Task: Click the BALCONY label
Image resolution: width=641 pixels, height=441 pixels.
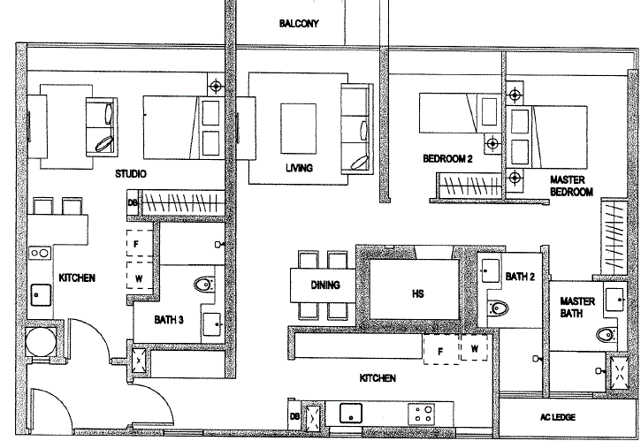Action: click(299, 23)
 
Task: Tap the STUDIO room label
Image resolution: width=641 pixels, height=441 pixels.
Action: click(130, 174)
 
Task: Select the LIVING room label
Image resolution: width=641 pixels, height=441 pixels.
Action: click(299, 168)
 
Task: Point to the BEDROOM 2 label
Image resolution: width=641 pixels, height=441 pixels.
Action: click(447, 158)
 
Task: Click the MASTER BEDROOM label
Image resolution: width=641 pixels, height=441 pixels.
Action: click(571, 186)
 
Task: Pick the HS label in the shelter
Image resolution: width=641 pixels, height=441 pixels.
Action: click(417, 293)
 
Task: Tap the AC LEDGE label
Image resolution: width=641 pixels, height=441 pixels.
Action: click(558, 417)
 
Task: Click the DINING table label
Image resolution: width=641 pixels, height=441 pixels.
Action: click(325, 285)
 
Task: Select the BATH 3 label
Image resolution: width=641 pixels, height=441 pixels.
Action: click(169, 320)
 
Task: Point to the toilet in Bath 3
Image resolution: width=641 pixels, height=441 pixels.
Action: click(204, 284)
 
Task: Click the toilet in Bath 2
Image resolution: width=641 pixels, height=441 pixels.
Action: click(499, 308)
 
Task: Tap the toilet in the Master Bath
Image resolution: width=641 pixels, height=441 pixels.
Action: click(607, 335)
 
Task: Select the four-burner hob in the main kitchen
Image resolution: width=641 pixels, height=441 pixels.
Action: click(422, 414)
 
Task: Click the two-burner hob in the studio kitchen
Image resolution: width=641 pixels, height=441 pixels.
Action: click(40, 254)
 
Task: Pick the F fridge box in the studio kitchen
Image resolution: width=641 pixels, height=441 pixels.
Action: click(139, 244)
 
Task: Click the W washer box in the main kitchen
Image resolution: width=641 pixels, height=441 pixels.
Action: click(474, 348)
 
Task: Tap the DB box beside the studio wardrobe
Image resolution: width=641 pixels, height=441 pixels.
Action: click(133, 202)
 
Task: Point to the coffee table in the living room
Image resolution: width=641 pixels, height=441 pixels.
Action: click(299, 128)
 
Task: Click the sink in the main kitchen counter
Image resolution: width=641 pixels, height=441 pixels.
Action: click(351, 414)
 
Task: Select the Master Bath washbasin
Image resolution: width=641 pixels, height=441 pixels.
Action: click(615, 300)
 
